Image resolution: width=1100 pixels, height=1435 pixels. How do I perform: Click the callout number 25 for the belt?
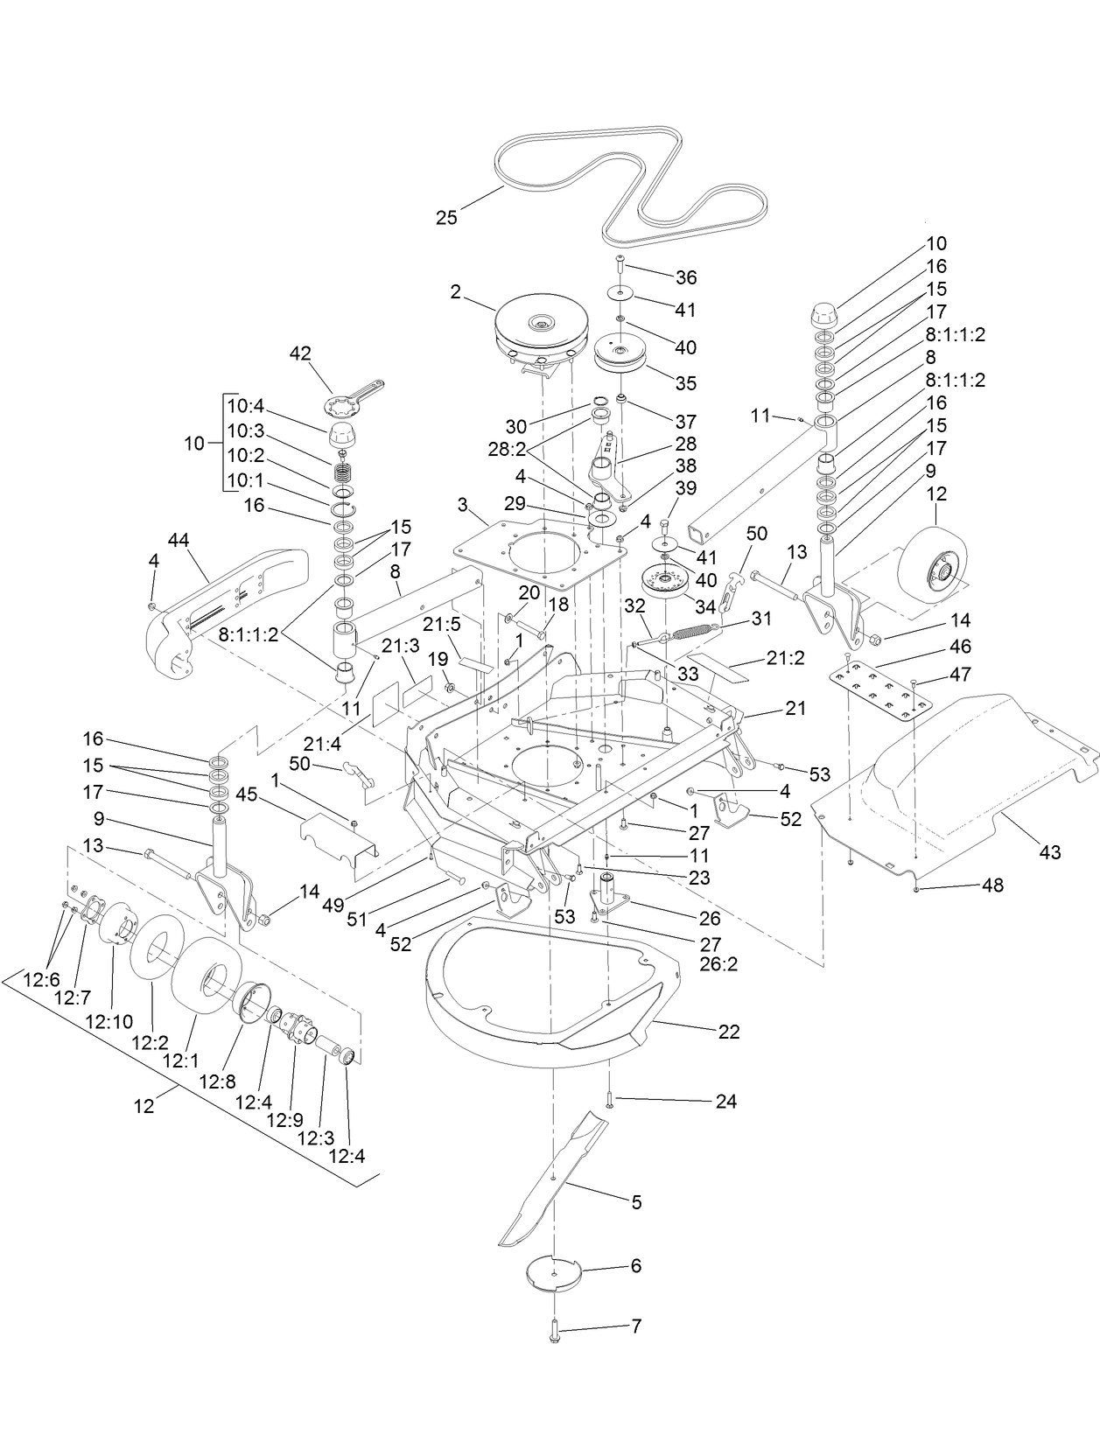pyautogui.click(x=446, y=218)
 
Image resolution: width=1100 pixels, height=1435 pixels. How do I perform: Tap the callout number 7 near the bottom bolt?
pyautogui.click(x=635, y=1326)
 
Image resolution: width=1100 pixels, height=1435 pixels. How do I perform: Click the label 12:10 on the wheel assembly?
pyautogui.click(x=109, y=1021)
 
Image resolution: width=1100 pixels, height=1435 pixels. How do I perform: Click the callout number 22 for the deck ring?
pyautogui.click(x=728, y=1032)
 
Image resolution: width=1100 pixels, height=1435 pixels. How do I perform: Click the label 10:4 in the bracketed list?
pyautogui.click(x=246, y=406)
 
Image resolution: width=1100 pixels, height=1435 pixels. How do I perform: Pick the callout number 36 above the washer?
pyautogui.click(x=686, y=277)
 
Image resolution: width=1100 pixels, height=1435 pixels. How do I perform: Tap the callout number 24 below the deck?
pyautogui.click(x=726, y=1102)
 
